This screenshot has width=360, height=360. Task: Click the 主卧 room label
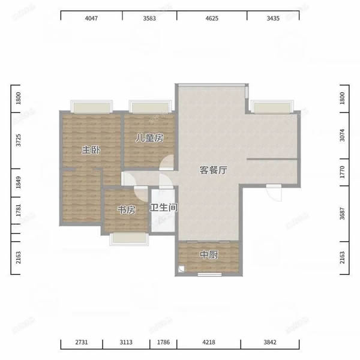pyautogui.click(x=91, y=150)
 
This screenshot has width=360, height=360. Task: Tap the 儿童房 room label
pyautogui.click(x=149, y=138)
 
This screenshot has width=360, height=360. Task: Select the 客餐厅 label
pyautogui.click(x=213, y=170)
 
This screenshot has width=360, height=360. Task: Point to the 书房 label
pyautogui.click(x=126, y=209)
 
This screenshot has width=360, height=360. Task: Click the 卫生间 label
pyautogui.click(x=163, y=208)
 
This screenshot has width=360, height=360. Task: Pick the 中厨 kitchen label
pyautogui.click(x=209, y=254)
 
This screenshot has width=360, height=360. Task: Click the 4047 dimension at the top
pyautogui.click(x=91, y=18)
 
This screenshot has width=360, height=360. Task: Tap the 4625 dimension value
pyautogui.click(x=212, y=18)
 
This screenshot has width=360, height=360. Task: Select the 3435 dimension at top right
pyautogui.click(x=273, y=18)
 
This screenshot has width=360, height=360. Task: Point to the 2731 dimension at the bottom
pyautogui.click(x=82, y=342)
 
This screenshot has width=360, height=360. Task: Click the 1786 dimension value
pyautogui.click(x=163, y=342)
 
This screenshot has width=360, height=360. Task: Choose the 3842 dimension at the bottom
pyautogui.click(x=270, y=342)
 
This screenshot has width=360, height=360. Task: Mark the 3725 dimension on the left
pyautogui.click(x=18, y=140)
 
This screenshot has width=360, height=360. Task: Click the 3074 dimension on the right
pyautogui.click(x=342, y=135)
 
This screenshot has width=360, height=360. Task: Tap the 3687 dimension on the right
pyautogui.click(x=342, y=214)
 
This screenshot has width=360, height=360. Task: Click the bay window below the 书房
pyautogui.click(x=129, y=239)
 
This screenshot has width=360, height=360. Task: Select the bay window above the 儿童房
pyautogui.click(x=151, y=107)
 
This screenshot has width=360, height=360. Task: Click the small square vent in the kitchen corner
pyautogui.click(x=181, y=269)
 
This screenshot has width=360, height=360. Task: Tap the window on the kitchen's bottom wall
pyautogui.click(x=209, y=274)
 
